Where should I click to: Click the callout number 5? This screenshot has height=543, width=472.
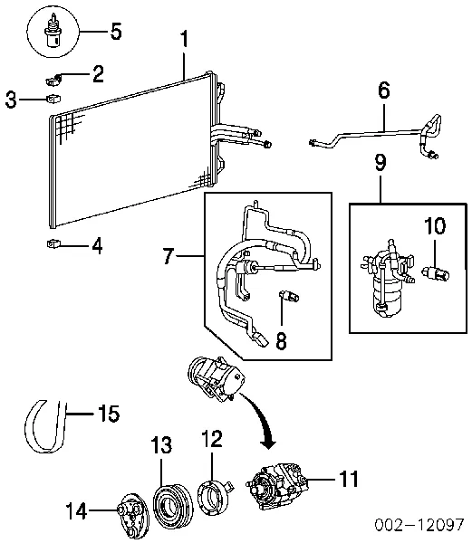click(x=116, y=31)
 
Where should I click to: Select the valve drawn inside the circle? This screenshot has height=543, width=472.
click(x=53, y=31)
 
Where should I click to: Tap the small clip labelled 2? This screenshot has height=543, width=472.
click(x=53, y=81)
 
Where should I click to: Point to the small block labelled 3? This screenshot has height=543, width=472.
click(x=53, y=99)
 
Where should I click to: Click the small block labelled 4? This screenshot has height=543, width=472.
click(x=53, y=244)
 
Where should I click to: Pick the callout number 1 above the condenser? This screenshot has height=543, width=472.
click(x=185, y=39)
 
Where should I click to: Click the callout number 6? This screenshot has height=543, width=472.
click(x=383, y=90)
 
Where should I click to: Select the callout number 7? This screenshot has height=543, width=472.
click(x=169, y=256)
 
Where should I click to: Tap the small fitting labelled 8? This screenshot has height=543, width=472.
click(x=289, y=297)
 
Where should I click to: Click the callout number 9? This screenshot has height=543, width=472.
click(x=380, y=163)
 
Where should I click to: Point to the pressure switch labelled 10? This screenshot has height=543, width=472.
click(x=436, y=273)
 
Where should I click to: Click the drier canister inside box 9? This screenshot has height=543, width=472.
click(x=388, y=279)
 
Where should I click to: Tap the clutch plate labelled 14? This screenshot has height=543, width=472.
click(x=131, y=517)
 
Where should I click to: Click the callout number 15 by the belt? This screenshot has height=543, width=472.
click(x=109, y=414)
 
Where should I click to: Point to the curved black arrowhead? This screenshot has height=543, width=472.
click(x=268, y=444)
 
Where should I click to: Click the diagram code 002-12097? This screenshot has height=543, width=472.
click(x=419, y=525)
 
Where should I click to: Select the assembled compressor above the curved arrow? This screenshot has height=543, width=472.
click(x=216, y=378)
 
